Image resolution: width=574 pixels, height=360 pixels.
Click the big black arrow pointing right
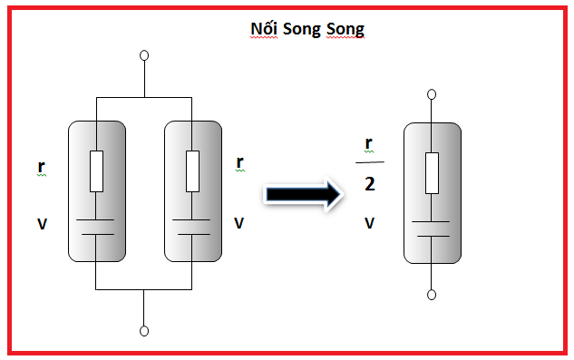coord(302,193)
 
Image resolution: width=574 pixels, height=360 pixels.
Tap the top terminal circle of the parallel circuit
coord(143,56)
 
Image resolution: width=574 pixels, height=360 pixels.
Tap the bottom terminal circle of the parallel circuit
coord(143,330)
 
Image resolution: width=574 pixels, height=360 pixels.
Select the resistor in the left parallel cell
coord(96,171)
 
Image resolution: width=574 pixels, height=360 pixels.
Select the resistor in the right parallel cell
coord(191,171)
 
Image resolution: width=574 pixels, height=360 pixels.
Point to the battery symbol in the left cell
coord(96,226)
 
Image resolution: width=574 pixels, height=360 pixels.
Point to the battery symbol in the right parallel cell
coord(191,226)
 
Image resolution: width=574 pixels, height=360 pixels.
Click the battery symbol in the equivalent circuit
coord(432,229)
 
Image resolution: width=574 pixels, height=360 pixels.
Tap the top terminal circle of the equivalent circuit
coord(432,93)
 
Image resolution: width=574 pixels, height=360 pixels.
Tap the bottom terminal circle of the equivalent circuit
coord(432,295)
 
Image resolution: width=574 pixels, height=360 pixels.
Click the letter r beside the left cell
coord(41,167)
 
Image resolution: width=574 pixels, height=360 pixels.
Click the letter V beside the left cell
coord(42,223)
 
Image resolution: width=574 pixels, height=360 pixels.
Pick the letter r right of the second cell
coord(239,163)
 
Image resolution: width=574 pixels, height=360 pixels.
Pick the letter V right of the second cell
coord(239,222)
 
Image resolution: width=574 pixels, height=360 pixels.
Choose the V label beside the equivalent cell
coord(369,221)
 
